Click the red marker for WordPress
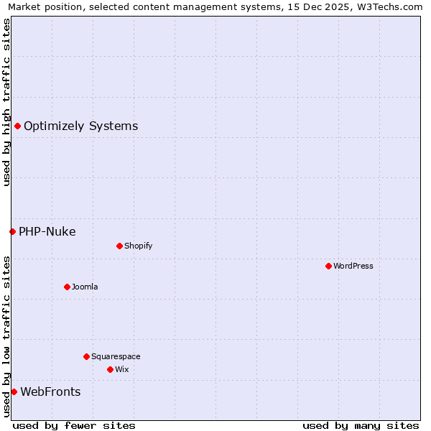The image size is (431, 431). (328, 267)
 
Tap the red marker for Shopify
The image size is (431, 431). (119, 246)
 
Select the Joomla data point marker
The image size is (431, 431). (67, 287)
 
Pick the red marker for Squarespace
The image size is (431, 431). (86, 357)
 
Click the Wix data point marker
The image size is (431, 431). (110, 370)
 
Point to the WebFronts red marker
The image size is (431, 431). (14, 392)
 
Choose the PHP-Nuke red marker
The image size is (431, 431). (12, 232)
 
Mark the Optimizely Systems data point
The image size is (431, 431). (17, 126)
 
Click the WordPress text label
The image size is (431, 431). (353, 267)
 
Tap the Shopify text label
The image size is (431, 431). (139, 246)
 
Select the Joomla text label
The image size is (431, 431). (85, 287)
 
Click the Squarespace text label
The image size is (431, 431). (116, 357)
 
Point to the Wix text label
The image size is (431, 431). (122, 370)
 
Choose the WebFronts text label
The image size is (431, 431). (50, 392)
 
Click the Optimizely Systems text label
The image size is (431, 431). (80, 126)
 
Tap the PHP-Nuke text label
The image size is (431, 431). (47, 232)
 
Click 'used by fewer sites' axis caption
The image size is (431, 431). (74, 426)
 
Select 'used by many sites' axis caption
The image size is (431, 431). (361, 426)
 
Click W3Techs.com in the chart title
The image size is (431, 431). (393, 7)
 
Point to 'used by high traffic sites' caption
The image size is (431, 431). (7, 102)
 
